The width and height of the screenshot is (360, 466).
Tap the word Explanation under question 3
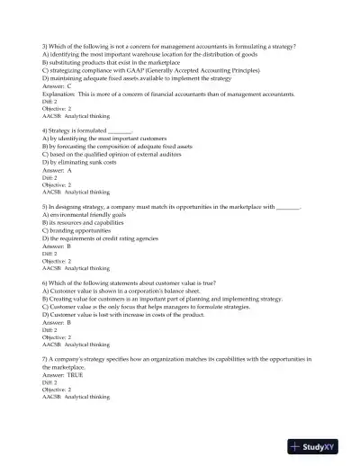(x=61, y=93)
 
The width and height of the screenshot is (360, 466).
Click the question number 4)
(x=46, y=130)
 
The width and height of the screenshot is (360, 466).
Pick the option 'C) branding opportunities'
(x=82, y=230)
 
